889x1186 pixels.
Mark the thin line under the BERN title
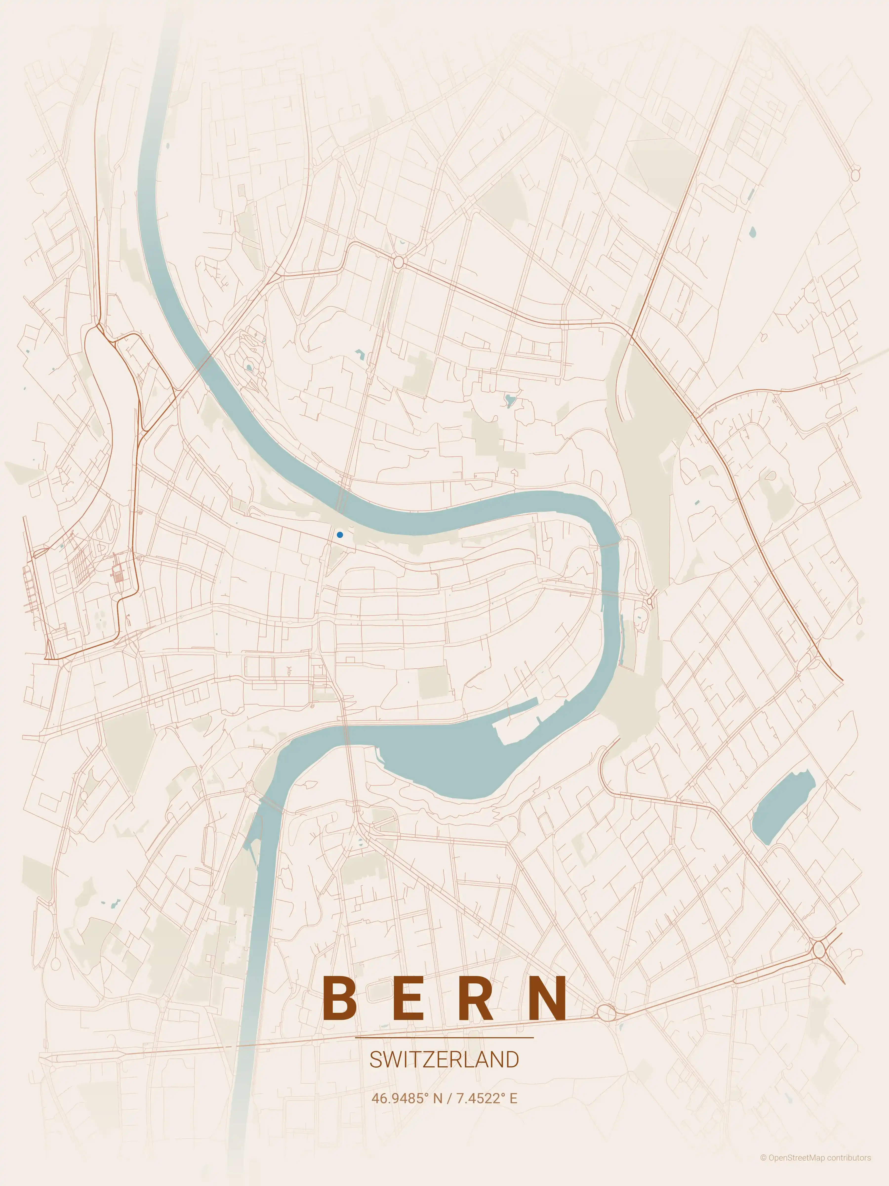click(444, 1038)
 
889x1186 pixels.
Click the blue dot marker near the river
click(340, 534)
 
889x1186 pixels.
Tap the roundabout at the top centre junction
click(398, 262)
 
